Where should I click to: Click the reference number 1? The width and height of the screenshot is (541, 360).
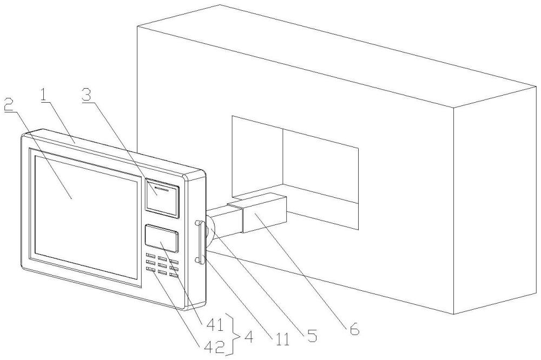44,96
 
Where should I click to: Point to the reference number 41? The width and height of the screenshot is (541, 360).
215,324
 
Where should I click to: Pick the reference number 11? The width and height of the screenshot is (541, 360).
281,340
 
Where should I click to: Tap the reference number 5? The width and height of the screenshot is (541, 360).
312,336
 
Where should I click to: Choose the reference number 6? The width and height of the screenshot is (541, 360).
354,330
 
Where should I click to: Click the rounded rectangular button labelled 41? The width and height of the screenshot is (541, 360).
161,238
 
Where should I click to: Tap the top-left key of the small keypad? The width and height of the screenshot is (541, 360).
150,256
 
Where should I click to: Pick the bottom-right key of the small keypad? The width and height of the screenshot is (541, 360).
174,276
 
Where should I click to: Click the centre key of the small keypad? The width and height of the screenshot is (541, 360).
162,265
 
